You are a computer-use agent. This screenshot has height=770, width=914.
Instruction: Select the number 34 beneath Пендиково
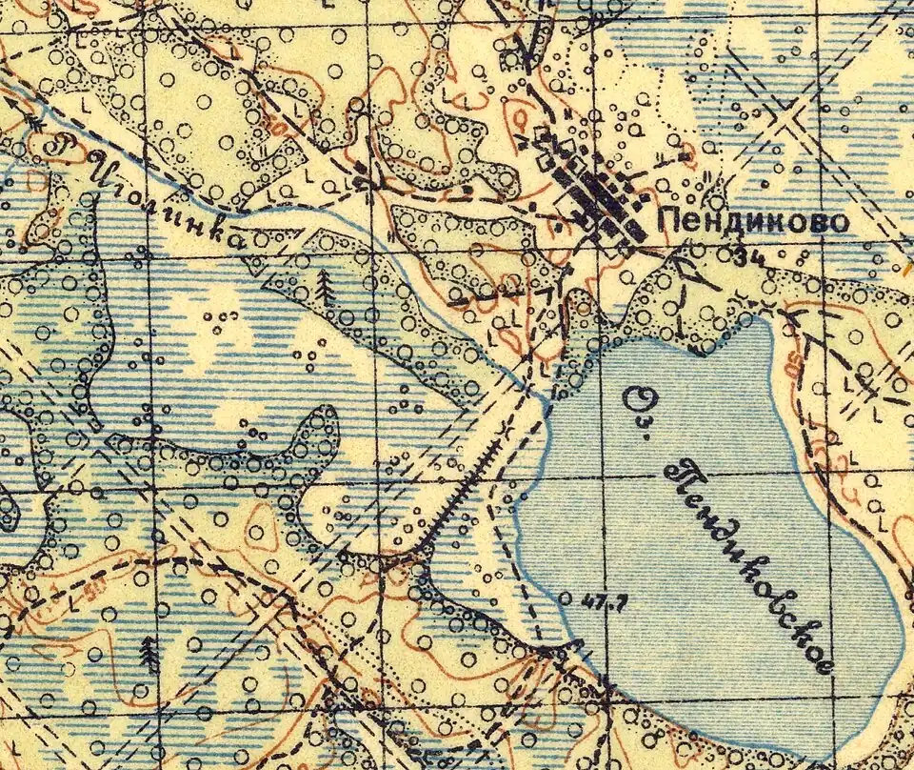(750, 254)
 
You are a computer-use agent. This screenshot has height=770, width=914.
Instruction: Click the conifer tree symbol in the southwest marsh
(149, 653)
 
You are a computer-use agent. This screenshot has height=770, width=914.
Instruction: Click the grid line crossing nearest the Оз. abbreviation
(605, 476)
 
